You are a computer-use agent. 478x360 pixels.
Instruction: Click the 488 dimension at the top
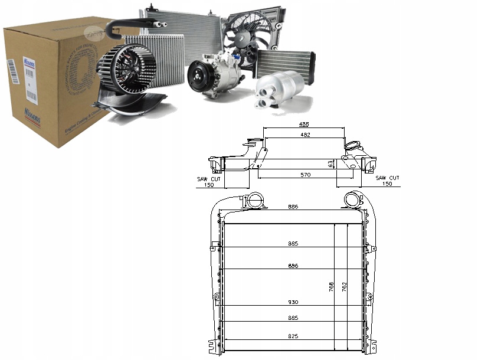[x=304, y=125]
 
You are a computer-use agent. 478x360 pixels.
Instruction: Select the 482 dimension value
[x=304, y=135]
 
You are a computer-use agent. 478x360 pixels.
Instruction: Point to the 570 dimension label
[x=305, y=175]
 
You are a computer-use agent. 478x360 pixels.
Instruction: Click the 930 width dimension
[x=293, y=302]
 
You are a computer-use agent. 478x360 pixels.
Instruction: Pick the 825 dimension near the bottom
[x=293, y=336]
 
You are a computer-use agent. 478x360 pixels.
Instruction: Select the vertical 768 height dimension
[x=332, y=287]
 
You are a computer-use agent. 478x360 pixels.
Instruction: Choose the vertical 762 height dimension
[x=345, y=287]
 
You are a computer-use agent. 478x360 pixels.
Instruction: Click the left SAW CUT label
[x=208, y=178]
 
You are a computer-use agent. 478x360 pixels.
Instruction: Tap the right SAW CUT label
[x=387, y=178]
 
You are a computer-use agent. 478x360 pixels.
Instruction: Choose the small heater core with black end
[x=285, y=62]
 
